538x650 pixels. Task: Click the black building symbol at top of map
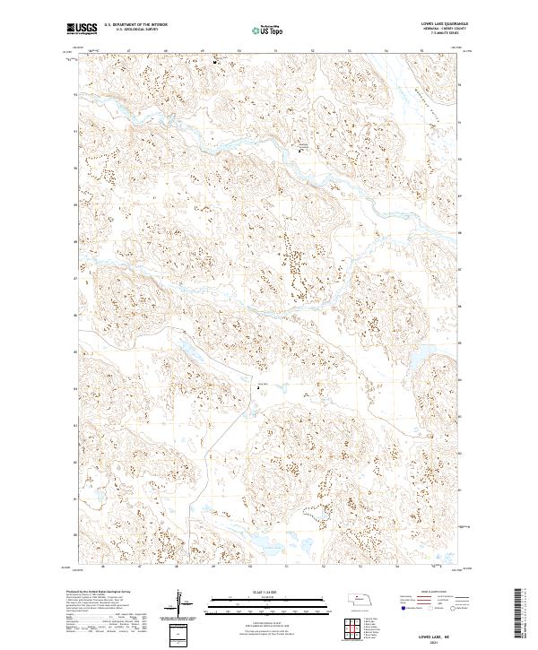pos(215,62)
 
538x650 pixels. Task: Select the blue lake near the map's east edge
pos(419,359)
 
